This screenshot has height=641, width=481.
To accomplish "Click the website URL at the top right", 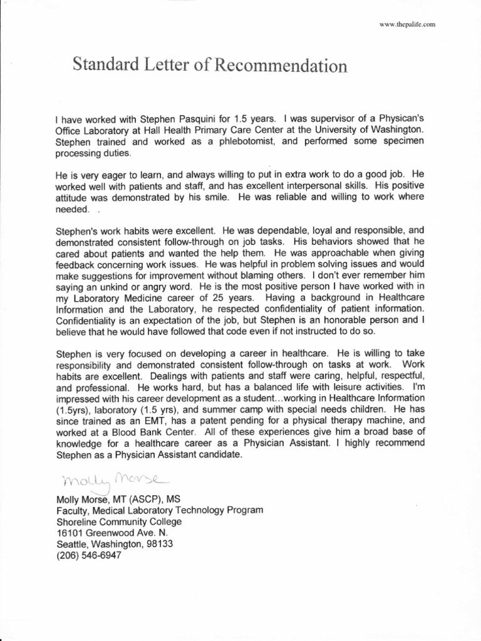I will [408, 24].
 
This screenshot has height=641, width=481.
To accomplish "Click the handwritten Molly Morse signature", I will [113, 480].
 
